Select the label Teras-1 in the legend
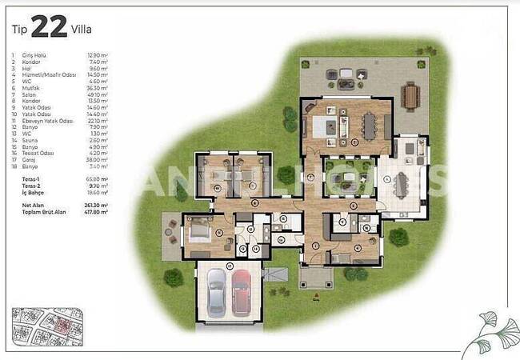pos(32,179)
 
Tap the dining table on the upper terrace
pos(411,96)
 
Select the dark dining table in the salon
pos(369,125)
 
